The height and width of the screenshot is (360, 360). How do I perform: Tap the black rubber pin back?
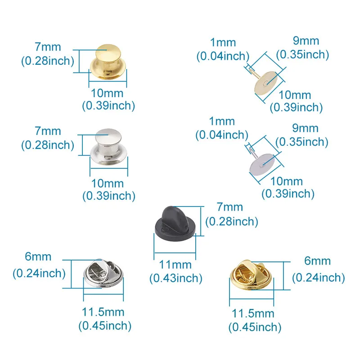point(172,223)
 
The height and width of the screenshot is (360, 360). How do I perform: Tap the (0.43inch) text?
point(175,278)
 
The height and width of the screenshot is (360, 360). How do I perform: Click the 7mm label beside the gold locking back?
point(47,47)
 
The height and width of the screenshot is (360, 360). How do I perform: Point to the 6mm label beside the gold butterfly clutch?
point(318,261)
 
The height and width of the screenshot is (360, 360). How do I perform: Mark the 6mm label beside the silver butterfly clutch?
point(39,256)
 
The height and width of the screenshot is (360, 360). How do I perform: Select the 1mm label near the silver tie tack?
point(222,121)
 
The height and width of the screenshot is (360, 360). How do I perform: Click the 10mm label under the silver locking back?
point(108,183)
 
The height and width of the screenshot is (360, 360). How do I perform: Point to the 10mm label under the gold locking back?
point(108,93)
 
